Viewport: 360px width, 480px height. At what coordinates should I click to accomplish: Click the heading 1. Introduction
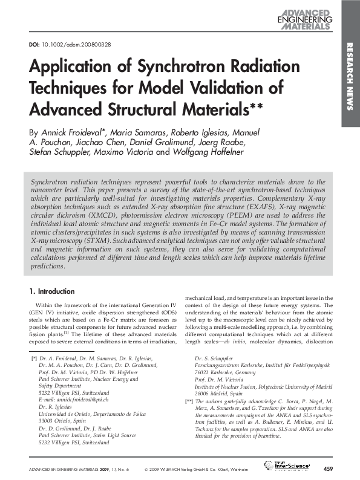pos(52,291)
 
